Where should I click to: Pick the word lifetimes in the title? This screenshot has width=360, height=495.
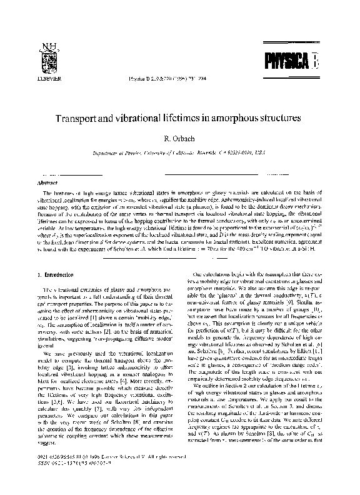[209, 118]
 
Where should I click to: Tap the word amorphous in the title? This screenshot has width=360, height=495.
[258, 118]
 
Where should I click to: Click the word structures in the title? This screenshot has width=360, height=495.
[305, 118]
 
